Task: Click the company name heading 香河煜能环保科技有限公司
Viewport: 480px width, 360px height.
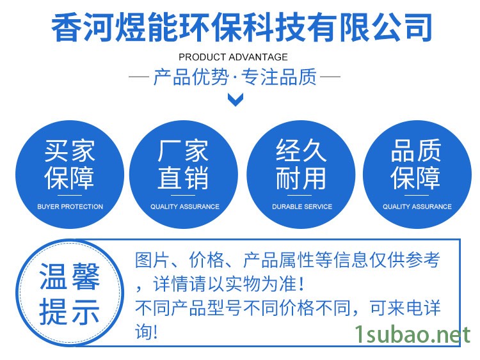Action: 241,27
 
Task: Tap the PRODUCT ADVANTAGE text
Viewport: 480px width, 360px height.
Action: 233,57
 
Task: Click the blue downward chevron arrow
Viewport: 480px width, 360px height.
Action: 236,100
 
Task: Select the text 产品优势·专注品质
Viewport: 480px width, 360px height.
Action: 235,77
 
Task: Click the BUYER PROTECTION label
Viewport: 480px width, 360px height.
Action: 70,207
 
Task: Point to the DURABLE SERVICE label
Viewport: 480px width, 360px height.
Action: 302,207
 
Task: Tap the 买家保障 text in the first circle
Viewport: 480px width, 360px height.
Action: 70,164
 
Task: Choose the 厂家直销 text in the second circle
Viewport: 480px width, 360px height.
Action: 183,164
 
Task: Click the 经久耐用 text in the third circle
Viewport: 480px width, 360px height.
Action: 301,164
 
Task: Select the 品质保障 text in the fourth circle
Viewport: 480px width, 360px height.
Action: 416,164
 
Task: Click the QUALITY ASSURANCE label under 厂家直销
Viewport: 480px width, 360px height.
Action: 185,207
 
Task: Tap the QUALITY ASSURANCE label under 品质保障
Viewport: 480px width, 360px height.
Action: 417,207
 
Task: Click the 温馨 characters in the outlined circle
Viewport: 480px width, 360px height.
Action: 70,277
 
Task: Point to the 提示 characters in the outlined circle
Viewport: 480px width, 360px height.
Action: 70,312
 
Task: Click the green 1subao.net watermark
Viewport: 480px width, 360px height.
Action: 412,334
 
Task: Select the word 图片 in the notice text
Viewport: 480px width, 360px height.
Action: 152,260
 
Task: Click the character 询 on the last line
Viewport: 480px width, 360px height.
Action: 143,332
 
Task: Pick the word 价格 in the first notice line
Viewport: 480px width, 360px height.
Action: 206,260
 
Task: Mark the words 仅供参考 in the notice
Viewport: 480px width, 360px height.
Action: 405,260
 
